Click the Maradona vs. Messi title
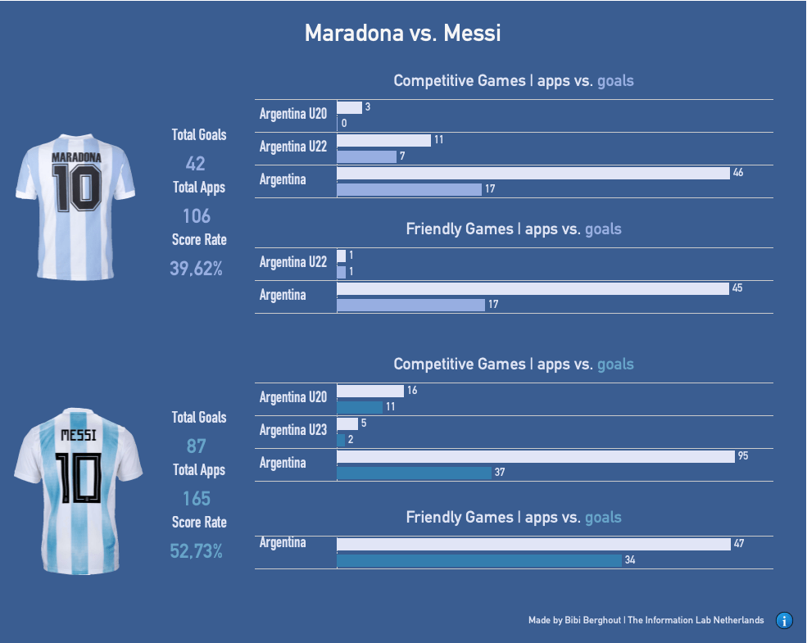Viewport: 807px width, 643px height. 402,34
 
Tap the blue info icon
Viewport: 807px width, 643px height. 784,620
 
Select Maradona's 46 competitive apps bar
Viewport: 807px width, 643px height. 533,173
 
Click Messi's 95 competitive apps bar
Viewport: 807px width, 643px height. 536,456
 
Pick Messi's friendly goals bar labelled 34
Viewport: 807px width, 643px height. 479,561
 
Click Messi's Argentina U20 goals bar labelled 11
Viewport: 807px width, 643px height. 360,407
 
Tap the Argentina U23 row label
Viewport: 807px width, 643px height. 293,430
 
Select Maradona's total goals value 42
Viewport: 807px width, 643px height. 196,163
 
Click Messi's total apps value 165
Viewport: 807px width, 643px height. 196,498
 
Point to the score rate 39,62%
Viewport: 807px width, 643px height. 197,268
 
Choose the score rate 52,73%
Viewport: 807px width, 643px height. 197,551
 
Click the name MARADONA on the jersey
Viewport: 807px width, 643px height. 76,156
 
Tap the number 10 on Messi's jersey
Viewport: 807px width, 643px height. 79,478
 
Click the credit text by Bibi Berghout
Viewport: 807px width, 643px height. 646,620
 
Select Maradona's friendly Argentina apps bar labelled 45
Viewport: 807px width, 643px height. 533,288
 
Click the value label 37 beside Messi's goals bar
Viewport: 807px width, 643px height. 500,473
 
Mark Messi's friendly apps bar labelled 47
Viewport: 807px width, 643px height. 533,544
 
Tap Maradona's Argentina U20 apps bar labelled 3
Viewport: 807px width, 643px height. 349,107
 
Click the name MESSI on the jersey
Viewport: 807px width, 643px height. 79,433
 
